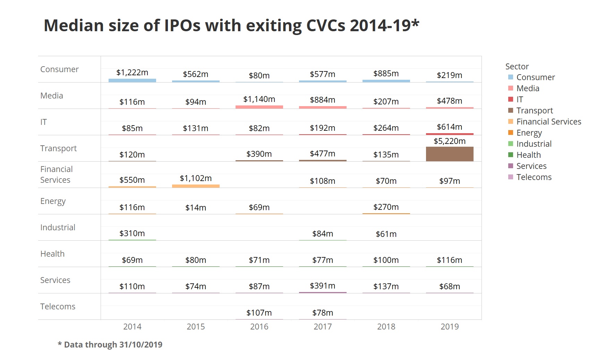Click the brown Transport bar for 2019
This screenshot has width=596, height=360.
450,154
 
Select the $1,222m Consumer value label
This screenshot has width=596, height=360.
132,72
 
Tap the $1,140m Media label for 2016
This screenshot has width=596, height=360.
259,99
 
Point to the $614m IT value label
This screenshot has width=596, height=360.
450,127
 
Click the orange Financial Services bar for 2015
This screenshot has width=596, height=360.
196,186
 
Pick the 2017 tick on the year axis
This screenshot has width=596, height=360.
323,327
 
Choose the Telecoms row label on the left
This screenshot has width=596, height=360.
58,307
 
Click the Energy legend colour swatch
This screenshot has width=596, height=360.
511,132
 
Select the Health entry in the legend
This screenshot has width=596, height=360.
528,155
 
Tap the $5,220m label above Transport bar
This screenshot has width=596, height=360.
450,141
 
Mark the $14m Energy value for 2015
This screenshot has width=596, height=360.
196,208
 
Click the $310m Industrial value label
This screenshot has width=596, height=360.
132,233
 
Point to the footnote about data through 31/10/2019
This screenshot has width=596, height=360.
110,345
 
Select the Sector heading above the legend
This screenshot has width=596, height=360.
517,67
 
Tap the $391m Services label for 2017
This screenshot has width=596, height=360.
323,286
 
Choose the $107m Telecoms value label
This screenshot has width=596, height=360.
259,313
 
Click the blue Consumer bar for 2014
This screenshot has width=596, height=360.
132,80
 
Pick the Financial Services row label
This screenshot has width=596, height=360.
56,174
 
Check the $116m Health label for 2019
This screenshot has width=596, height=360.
450,260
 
